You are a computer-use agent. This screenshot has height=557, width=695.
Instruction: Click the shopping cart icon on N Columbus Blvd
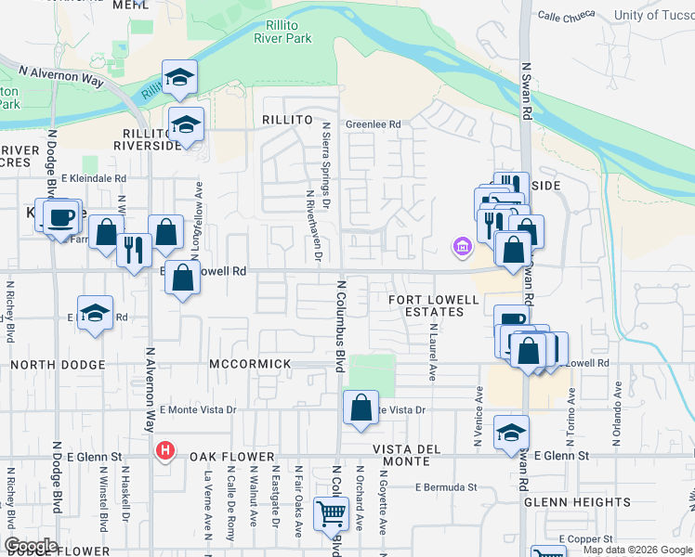330,513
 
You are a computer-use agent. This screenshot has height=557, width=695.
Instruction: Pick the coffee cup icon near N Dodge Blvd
61,218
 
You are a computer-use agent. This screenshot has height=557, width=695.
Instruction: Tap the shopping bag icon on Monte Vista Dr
361,408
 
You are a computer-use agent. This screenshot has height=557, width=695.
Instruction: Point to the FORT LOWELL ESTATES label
433,305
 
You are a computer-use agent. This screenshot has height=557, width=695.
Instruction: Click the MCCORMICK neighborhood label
250,364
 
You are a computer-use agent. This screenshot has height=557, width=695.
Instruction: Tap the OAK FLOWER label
233,457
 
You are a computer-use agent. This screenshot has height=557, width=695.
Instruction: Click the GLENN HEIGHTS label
577,502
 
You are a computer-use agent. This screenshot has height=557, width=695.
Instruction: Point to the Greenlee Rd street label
373,124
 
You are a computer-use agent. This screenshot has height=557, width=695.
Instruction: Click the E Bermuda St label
446,486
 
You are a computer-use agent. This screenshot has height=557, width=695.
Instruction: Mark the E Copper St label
585,538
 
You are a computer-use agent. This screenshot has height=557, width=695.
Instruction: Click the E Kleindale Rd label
93,178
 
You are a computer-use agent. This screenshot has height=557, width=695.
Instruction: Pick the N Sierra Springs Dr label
325,162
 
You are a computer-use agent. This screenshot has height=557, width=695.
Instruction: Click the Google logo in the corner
31,546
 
